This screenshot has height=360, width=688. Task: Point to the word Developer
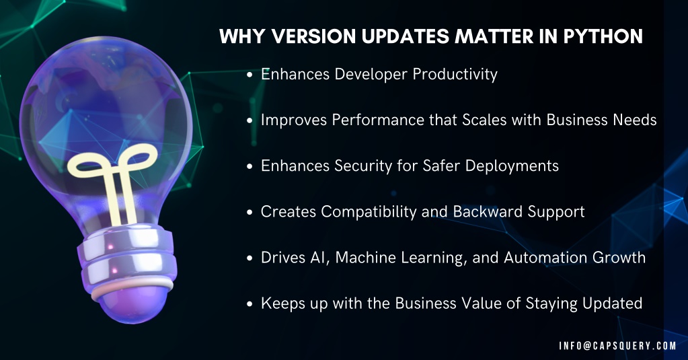pyautogui.click(x=371, y=75)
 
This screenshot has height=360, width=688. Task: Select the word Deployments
pyautogui.click(x=512, y=166)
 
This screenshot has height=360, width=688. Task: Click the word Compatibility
pyautogui.click(x=369, y=212)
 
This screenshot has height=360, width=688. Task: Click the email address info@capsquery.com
pyautogui.click(x=617, y=346)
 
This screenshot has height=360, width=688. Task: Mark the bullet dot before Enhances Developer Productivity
pyautogui.click(x=250, y=75)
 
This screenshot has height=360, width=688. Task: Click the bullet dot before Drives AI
pyautogui.click(x=250, y=258)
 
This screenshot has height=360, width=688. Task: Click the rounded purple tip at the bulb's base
pyautogui.click(x=132, y=303)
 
